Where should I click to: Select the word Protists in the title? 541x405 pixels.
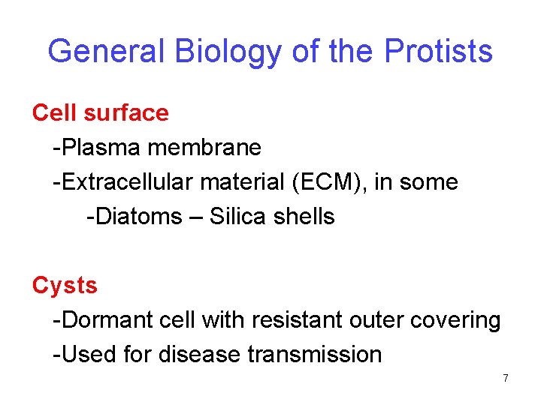pos(438,51)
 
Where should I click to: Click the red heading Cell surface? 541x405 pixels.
pos(101,112)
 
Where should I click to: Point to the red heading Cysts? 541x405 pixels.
pos(65,286)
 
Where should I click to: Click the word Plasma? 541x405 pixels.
pos(102,148)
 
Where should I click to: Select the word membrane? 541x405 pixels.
pos(204,148)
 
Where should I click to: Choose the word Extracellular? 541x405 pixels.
pos(126,182)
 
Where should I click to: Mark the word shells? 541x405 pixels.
pos(304,217)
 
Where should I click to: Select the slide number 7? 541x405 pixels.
pos(506,379)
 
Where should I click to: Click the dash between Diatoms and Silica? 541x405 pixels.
pos(196,217)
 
